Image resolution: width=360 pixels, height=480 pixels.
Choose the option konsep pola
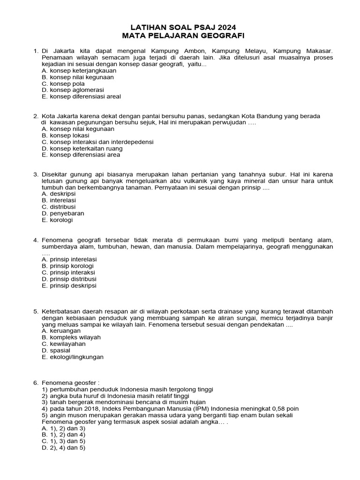click(63, 83)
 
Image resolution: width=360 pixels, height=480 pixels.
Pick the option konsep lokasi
click(66, 135)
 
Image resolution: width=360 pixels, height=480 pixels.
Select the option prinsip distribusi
click(69, 279)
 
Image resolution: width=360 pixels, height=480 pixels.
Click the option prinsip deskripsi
click(69, 285)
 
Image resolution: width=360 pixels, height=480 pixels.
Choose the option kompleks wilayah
click(71, 337)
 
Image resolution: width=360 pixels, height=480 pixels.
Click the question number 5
click(35, 311)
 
